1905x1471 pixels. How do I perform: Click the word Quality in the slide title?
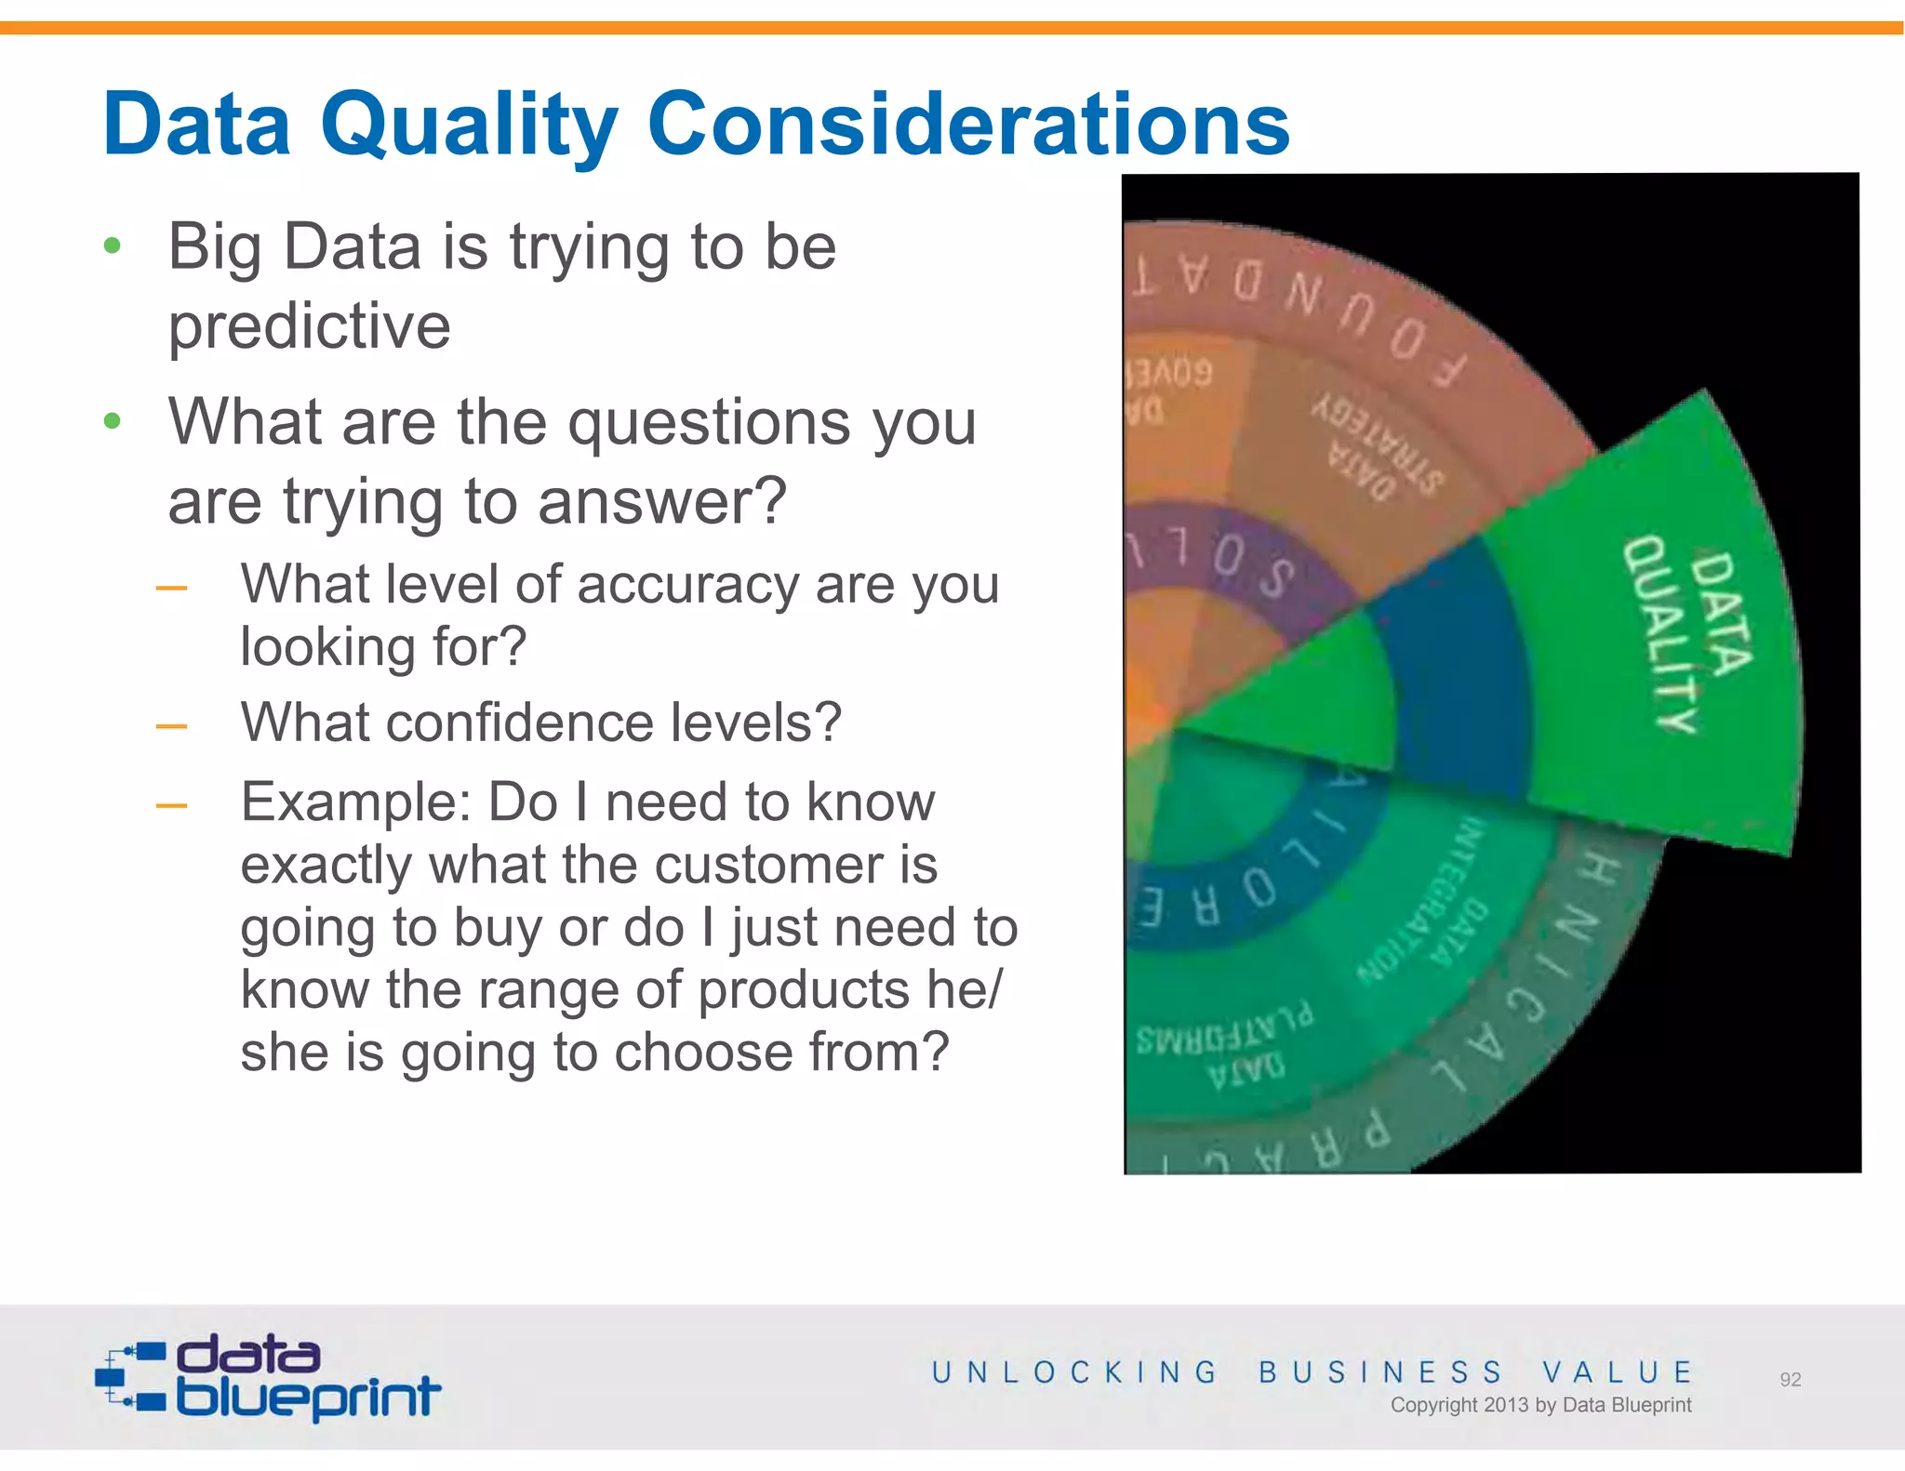point(469,126)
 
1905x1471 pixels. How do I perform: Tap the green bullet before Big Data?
point(113,246)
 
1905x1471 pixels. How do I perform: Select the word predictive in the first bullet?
point(309,326)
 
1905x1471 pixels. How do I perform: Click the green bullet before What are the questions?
point(113,421)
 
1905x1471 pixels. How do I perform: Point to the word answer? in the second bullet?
point(661,501)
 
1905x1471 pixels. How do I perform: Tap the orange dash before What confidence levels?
point(171,726)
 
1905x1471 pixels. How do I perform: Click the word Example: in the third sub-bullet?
point(355,802)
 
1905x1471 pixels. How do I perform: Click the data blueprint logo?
point(268,1376)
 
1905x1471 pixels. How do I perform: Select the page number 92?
point(1790,1380)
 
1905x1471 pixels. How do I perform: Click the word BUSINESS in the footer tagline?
point(1379,1372)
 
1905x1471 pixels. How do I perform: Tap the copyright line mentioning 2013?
point(1539,1405)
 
